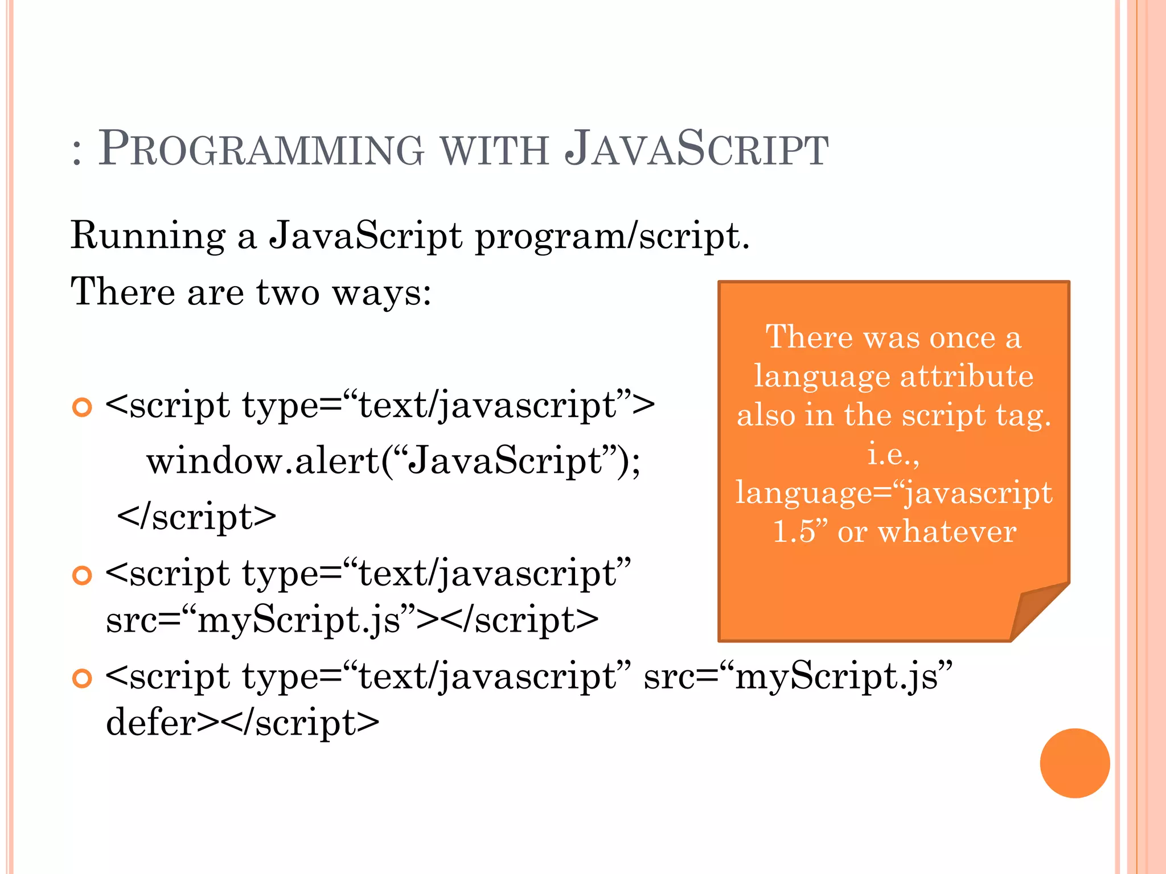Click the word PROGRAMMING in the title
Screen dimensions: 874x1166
coord(261,149)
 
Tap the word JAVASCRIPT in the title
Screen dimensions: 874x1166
coord(696,149)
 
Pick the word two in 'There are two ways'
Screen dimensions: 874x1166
coord(288,292)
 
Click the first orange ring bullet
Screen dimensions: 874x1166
coord(83,407)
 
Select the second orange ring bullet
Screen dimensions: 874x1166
coord(83,575)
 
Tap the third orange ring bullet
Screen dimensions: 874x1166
coord(83,678)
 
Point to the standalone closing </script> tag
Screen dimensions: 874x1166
coord(196,517)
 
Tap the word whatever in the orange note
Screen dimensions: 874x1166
coord(947,532)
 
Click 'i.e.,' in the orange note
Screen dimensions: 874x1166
coord(893,454)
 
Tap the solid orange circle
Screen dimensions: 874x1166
coord(1074,763)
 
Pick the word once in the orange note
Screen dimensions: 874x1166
coord(962,337)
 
